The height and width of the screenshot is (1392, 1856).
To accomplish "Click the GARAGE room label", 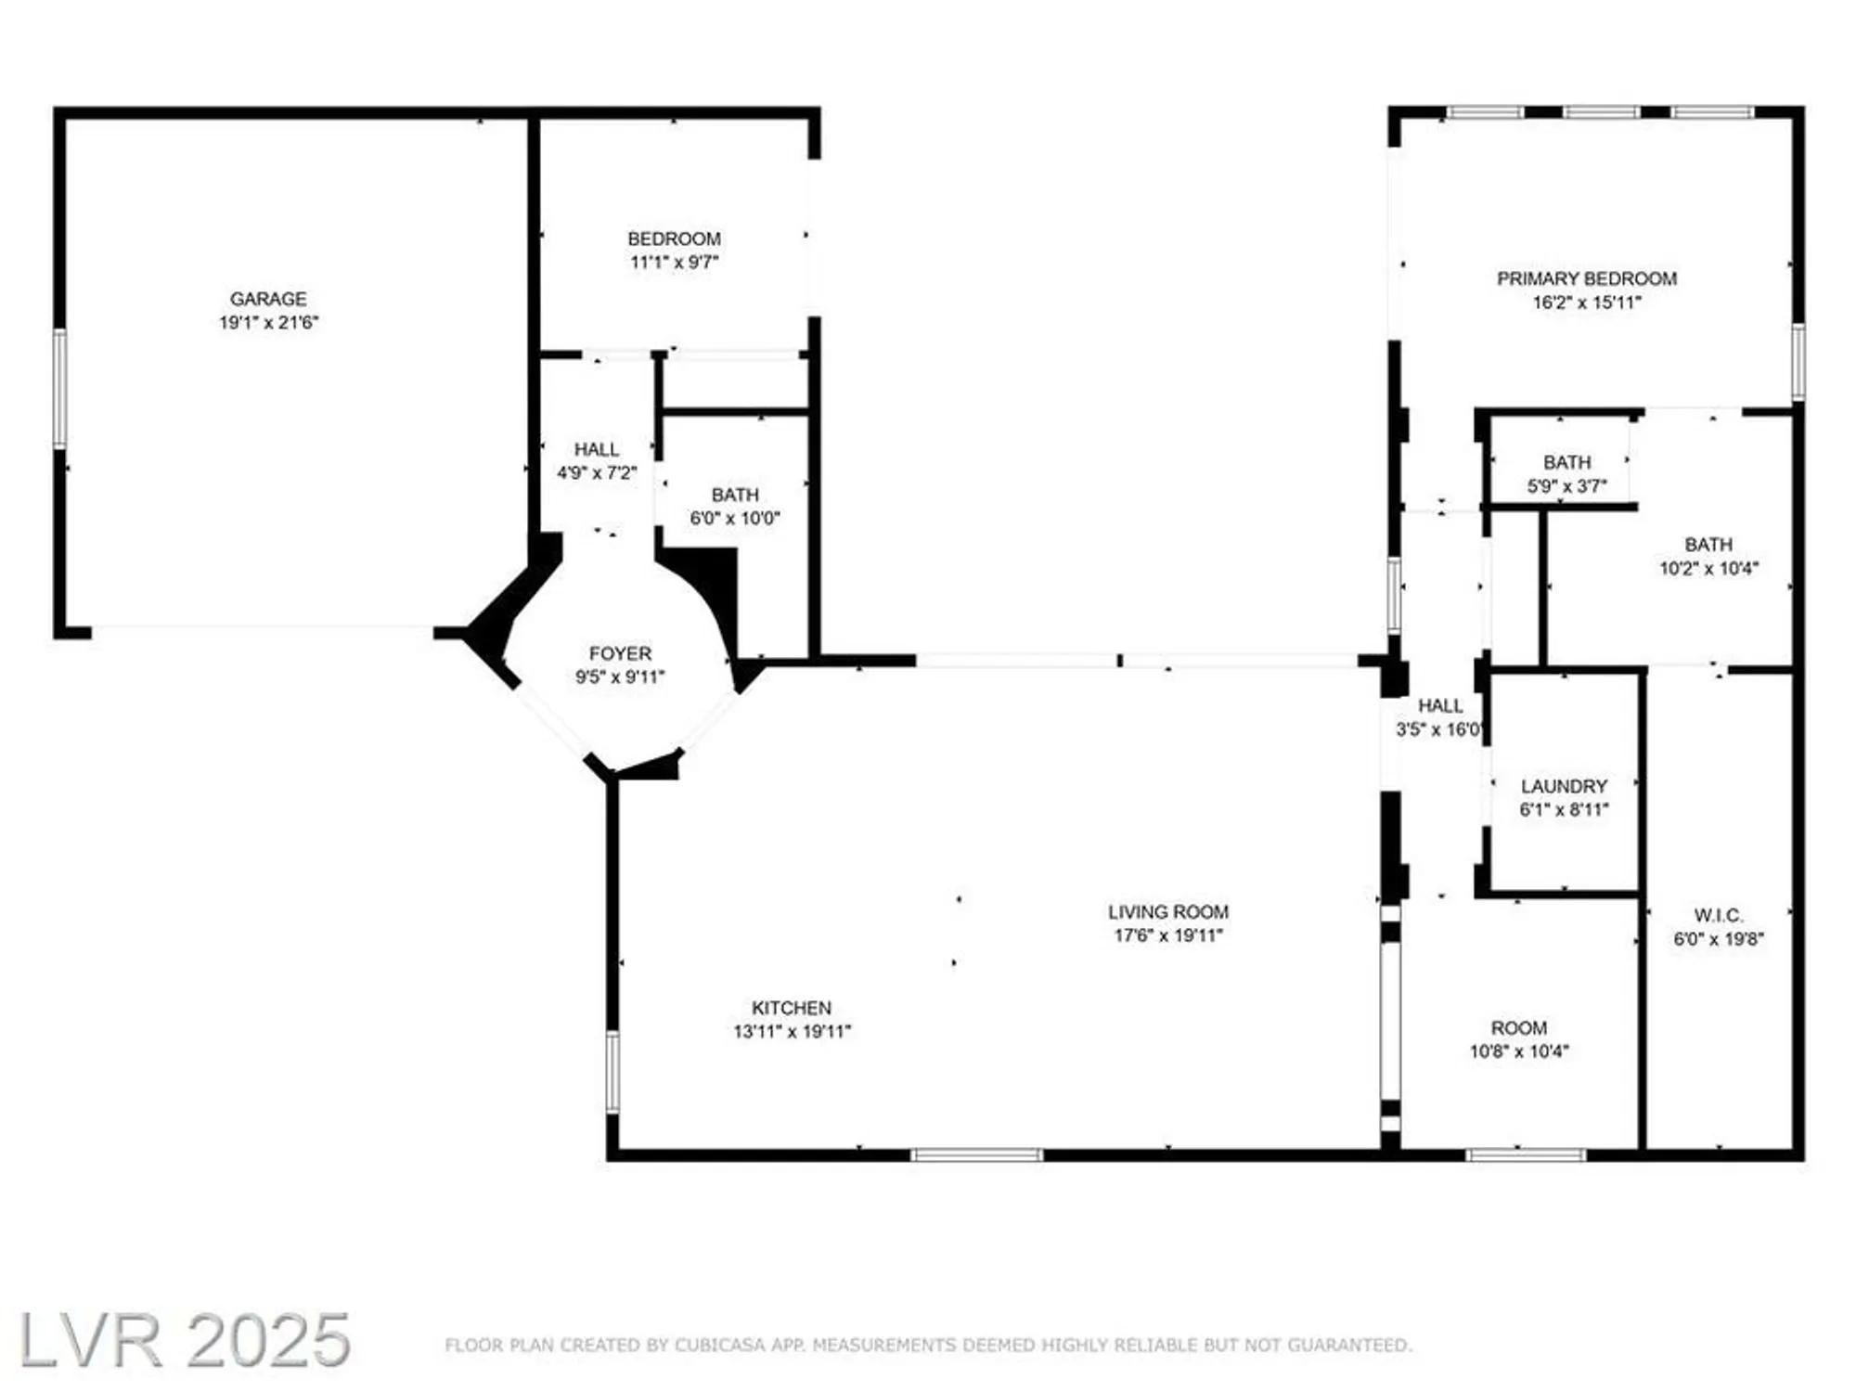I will [x=268, y=299].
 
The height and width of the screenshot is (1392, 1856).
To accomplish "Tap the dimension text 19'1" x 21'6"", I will [x=268, y=323].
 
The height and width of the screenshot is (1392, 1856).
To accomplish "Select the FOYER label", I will [x=620, y=653].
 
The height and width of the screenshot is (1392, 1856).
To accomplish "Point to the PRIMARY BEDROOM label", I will [x=1587, y=278].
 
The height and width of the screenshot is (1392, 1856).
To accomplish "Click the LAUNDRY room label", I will [x=1564, y=786].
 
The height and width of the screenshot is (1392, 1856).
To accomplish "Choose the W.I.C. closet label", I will [x=1719, y=915].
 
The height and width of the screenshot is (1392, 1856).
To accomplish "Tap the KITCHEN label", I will [x=792, y=1008].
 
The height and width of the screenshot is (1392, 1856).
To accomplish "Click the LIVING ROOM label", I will [x=1168, y=912].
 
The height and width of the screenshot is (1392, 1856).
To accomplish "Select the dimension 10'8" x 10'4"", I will [x=1519, y=1051].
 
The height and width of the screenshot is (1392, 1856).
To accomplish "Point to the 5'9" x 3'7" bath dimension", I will [x=1566, y=485].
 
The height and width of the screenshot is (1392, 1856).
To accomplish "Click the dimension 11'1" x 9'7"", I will [x=675, y=263].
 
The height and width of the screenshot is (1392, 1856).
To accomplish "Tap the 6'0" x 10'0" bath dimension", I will [x=735, y=518].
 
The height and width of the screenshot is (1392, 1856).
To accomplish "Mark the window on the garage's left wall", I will [x=60, y=389].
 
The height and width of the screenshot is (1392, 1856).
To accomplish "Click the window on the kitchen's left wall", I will [x=612, y=1072].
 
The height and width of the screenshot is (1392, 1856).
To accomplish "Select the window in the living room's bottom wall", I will [x=976, y=1155].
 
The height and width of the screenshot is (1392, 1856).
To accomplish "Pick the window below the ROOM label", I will [x=1526, y=1155].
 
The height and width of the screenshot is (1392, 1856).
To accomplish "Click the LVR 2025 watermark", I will [x=184, y=1340].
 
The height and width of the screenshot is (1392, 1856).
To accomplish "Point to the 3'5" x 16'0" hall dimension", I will [x=1439, y=729].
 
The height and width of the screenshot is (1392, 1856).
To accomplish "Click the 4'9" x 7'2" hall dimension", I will [x=597, y=472].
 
